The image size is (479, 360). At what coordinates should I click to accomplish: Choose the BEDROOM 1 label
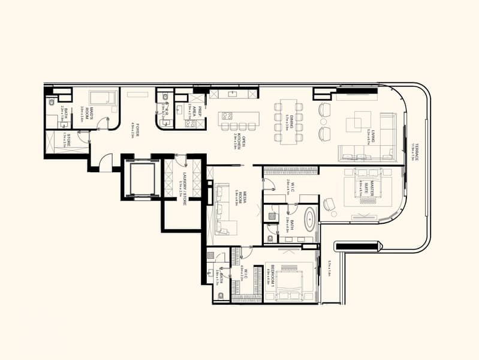(x=272, y=275)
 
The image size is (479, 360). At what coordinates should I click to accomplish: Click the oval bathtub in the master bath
(x=309, y=220)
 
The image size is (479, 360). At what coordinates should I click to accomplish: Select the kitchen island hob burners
(x=228, y=116)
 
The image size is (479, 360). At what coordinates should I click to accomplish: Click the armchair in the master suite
(x=330, y=204)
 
